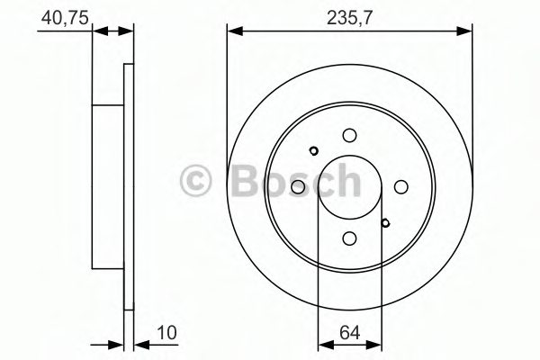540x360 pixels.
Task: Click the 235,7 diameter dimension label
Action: pyautogui.click(x=350, y=16)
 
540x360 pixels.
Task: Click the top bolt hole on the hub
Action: pyautogui.click(x=349, y=135)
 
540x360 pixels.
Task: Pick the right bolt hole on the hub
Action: pyautogui.click(x=400, y=186)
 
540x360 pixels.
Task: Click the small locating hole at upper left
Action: pyautogui.click(x=313, y=150)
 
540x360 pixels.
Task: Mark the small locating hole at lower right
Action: pyautogui.click(x=385, y=222)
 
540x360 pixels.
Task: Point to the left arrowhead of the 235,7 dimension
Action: pyautogui.click(x=233, y=31)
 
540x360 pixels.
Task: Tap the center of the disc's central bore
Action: pyautogui.click(x=349, y=186)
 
